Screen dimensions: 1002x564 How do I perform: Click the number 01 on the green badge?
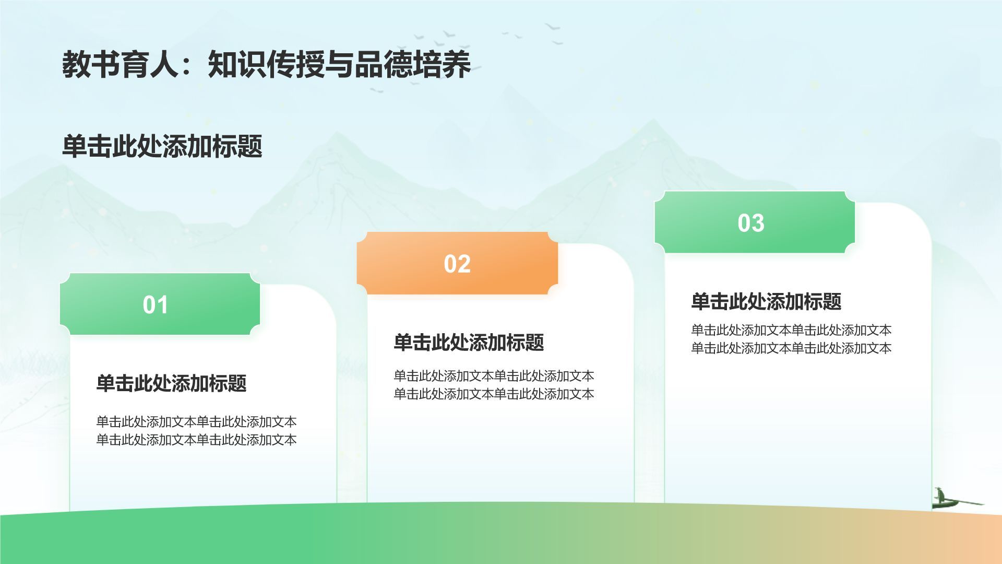(156, 305)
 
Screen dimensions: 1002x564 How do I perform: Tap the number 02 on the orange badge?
(457, 264)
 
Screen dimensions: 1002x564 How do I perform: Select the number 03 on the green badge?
(751, 223)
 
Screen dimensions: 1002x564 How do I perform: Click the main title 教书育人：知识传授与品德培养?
(266, 65)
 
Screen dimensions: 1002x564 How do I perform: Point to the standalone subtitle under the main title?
(162, 146)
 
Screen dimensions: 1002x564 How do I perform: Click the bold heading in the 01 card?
(171, 383)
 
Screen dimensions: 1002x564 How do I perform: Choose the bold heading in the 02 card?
(469, 343)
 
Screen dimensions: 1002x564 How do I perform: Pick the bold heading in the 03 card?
(766, 301)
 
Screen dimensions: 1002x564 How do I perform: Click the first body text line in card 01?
(196, 421)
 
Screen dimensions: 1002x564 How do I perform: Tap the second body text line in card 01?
(196, 440)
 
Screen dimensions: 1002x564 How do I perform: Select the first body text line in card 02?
(494, 375)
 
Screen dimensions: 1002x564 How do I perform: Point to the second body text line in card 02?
(494, 394)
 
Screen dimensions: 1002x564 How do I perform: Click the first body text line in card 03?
(791, 330)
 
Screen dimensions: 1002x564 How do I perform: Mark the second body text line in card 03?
(791, 348)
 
